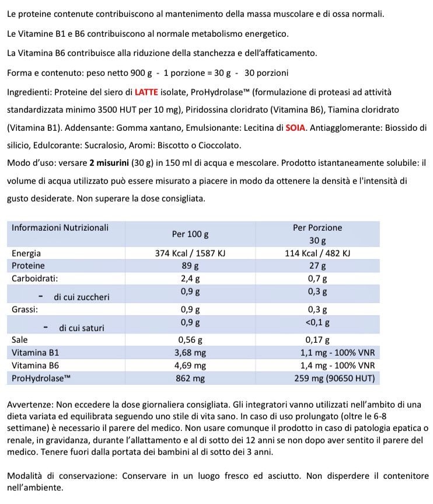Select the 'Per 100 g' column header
pyautogui.click(x=190, y=234)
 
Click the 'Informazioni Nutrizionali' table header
pyautogui.click(x=60, y=228)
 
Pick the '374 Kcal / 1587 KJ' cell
pyautogui.click(x=190, y=253)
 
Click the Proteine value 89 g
pyautogui.click(x=190, y=266)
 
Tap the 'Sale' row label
pyautogui.click(x=20, y=339)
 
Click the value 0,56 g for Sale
pyautogui.click(x=190, y=339)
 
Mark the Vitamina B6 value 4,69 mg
pyautogui.click(x=190, y=366)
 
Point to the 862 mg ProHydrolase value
pyautogui.click(x=190, y=378)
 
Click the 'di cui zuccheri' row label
pyautogui.click(x=81, y=297)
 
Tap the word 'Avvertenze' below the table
pyautogui.click(x=30, y=405)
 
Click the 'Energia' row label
pyautogui.click(x=26, y=253)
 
